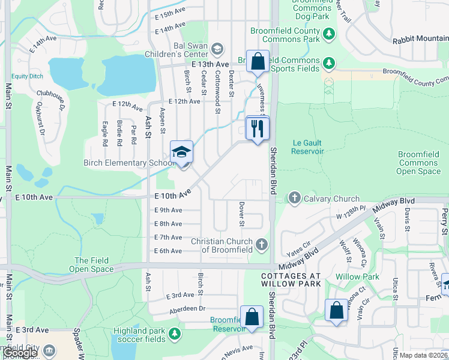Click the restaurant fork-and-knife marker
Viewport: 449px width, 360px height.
tap(258, 128)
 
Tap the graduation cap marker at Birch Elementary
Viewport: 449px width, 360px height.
tap(181, 153)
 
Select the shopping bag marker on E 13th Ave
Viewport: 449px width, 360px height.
tap(258, 62)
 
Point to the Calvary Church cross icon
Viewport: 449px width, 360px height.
tap(295, 197)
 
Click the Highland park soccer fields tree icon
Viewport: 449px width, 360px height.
tap(174, 332)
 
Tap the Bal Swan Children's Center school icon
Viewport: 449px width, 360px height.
tap(217, 49)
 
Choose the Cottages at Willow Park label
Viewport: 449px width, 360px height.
tap(291, 280)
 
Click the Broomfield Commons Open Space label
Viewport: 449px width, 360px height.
tap(418, 163)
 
